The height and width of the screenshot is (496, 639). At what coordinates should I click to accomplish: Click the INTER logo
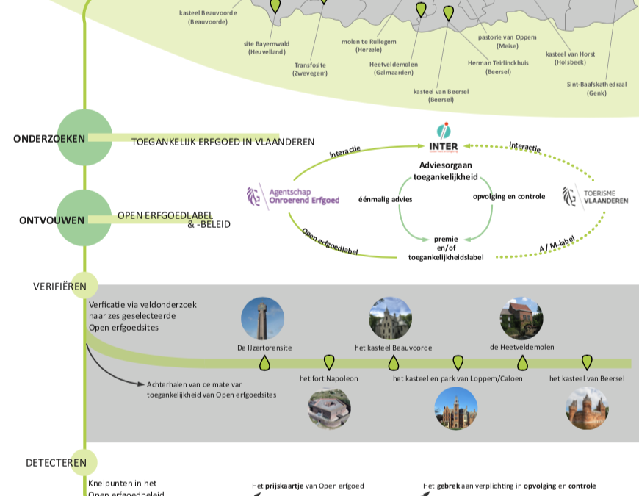click(444, 137)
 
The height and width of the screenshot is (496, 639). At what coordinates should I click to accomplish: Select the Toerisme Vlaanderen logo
click(595, 196)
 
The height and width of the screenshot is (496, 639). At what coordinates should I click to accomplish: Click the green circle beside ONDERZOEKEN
click(84, 137)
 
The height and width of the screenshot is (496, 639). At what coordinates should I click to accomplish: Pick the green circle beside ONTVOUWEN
click(84, 218)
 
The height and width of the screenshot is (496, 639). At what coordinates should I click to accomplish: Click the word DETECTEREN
click(56, 463)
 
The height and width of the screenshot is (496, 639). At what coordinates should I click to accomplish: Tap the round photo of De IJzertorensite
click(262, 318)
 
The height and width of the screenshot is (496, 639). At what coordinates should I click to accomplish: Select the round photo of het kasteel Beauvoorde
click(390, 318)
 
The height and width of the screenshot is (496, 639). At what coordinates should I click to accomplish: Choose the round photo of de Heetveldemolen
click(521, 318)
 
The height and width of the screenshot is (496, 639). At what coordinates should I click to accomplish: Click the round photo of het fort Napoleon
click(329, 409)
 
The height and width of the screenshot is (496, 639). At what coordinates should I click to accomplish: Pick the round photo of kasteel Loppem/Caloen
click(456, 409)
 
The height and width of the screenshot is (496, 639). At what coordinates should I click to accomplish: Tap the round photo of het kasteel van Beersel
click(587, 409)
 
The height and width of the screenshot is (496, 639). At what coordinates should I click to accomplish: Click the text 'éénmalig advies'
click(385, 199)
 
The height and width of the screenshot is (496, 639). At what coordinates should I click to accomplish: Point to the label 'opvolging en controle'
click(509, 196)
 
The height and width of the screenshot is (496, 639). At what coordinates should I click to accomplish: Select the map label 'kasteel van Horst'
click(570, 58)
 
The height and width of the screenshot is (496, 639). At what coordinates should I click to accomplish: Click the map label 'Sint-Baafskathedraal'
click(596, 88)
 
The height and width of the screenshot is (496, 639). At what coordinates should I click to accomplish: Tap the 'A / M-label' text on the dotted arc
click(557, 245)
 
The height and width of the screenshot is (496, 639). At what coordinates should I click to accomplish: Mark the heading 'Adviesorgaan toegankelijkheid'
click(446, 170)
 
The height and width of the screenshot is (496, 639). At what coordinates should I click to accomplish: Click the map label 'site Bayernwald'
click(267, 48)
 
